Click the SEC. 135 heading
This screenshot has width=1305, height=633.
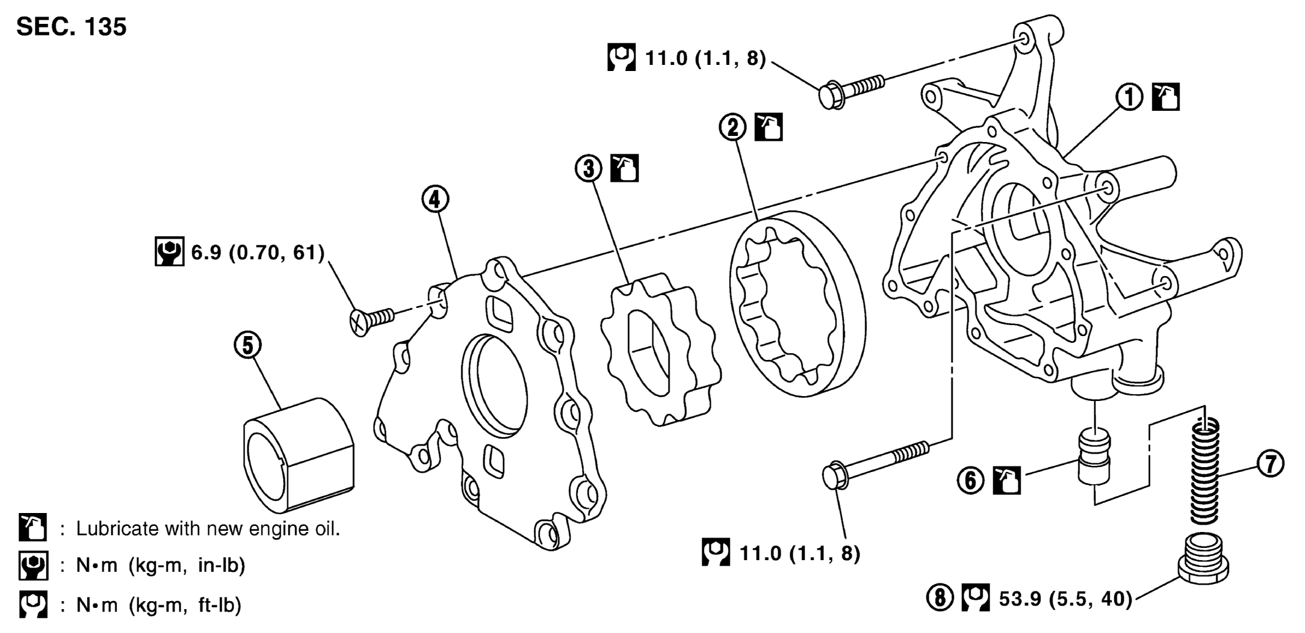coord(71,27)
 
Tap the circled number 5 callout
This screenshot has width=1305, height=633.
coord(248,345)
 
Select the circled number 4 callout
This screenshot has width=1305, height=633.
coord(435,199)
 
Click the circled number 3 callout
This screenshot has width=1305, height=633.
coord(589,168)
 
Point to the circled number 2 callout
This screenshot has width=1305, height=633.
coord(733,127)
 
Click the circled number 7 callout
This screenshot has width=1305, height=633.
coord(1271,464)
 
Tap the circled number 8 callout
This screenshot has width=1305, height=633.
coord(940,598)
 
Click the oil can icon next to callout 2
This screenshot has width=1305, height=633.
coord(768,127)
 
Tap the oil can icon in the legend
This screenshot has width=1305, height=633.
coord(32,528)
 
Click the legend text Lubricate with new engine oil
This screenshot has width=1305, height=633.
coord(207,529)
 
